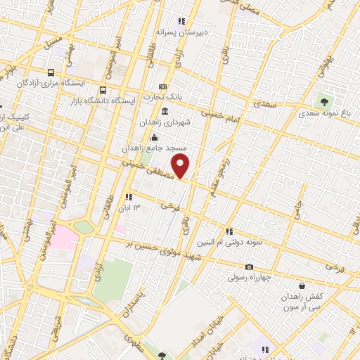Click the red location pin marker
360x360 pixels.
tap(181, 167)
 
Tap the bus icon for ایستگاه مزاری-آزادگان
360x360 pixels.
tap(51, 72)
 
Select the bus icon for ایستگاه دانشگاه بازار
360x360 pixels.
tap(103, 90)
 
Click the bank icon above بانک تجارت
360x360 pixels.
tap(163, 86)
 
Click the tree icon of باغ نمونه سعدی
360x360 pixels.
tap(325, 101)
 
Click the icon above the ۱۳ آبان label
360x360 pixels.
tap(128, 198)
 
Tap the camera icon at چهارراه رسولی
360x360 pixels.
tap(249, 266)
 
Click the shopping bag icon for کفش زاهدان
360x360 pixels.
tap(302, 286)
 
